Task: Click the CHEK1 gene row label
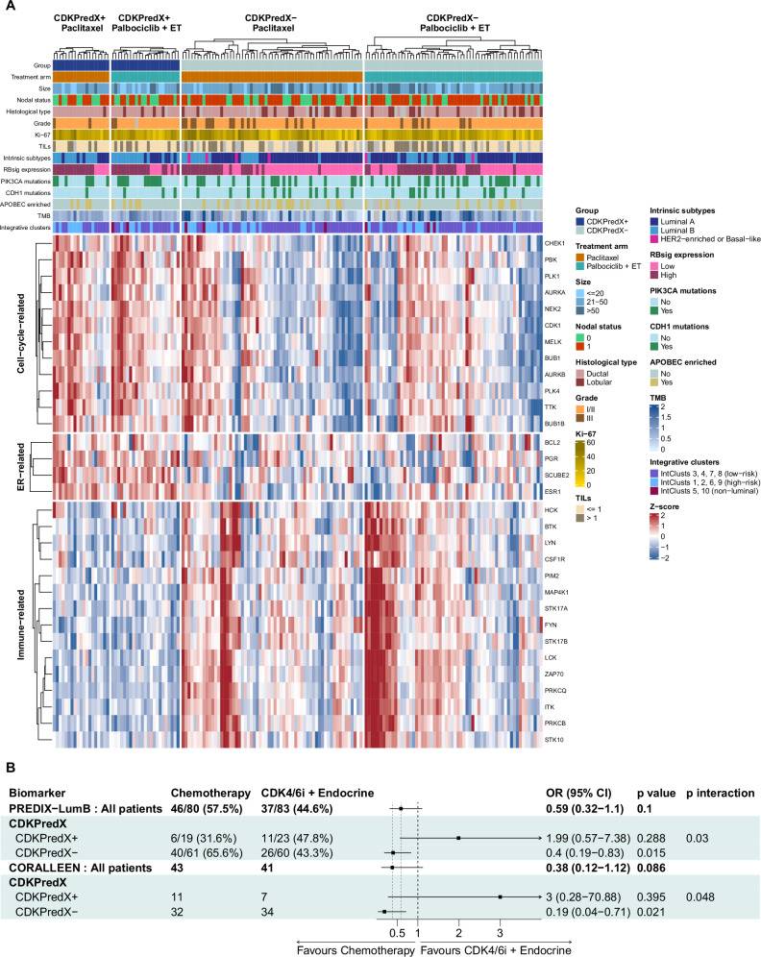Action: pos(554,243)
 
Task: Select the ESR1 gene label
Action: pos(552,491)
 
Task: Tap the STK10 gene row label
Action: pos(554,740)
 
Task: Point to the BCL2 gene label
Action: pos(552,443)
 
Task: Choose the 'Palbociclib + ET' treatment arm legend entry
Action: pos(608,266)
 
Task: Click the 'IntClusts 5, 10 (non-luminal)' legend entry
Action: pos(704,491)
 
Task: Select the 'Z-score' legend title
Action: pos(664,506)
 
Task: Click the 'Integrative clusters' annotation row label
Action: pos(26,228)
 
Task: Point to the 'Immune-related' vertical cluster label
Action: pos(21,624)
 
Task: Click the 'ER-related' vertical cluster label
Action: pos(21,468)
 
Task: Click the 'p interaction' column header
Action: pos(720,794)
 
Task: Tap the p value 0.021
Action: pos(651,912)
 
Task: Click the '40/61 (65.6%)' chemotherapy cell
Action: pos(207,853)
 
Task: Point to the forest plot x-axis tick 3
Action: pos(500,933)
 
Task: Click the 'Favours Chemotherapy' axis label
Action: pos(356,950)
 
